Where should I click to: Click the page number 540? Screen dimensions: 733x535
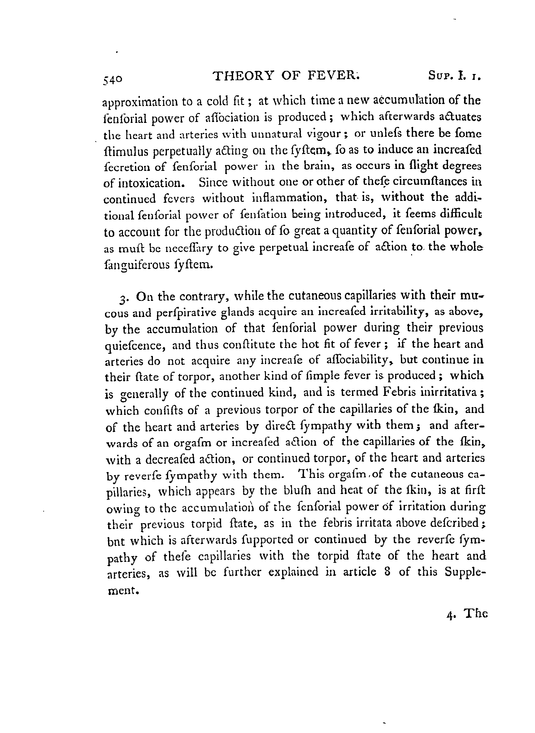pyautogui.click(x=113, y=79)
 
